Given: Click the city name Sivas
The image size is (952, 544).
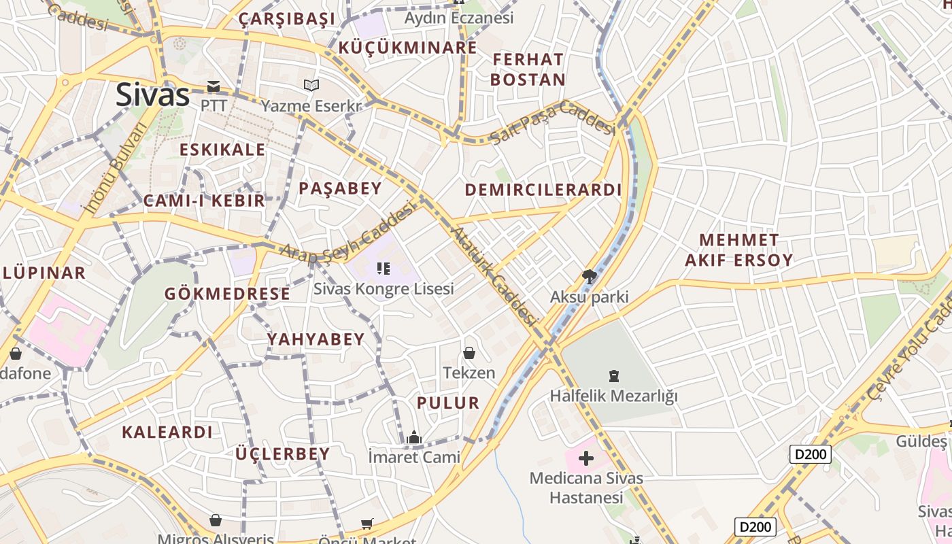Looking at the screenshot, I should pyautogui.click(x=152, y=95).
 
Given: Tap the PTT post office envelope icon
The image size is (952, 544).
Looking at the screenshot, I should pyautogui.click(x=214, y=86).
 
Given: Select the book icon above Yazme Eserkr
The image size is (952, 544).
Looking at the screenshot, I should pyautogui.click(x=311, y=86).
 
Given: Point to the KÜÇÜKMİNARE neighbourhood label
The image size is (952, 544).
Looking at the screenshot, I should pyautogui.click(x=407, y=48).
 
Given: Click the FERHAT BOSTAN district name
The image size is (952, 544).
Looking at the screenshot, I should pyautogui.click(x=528, y=69).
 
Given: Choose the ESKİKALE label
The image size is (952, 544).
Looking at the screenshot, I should pyautogui.click(x=222, y=150).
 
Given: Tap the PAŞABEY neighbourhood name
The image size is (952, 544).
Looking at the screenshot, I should pyautogui.click(x=340, y=188).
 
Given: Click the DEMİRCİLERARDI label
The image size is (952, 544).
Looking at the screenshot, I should pyautogui.click(x=543, y=190).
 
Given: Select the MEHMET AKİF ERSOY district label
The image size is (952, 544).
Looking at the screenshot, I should pyautogui.click(x=738, y=250).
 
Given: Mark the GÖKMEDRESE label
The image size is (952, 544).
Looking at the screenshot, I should pyautogui.click(x=227, y=294).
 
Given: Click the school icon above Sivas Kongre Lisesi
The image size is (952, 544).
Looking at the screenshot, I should pyautogui.click(x=384, y=269).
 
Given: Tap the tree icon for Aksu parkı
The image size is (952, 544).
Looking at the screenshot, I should pyautogui.click(x=589, y=277).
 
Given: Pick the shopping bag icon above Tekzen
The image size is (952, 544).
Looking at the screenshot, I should pyautogui.click(x=469, y=353).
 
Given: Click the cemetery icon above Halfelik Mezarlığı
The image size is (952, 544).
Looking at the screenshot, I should pyautogui.click(x=614, y=376).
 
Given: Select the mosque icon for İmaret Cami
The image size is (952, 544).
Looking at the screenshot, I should pyautogui.click(x=414, y=438).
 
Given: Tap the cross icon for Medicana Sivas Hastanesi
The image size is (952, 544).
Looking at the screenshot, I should pyautogui.click(x=585, y=458).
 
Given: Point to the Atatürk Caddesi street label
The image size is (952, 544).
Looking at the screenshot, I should pyautogui.click(x=494, y=275).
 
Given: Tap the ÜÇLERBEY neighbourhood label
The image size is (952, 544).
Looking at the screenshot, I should pyautogui.click(x=282, y=454).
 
